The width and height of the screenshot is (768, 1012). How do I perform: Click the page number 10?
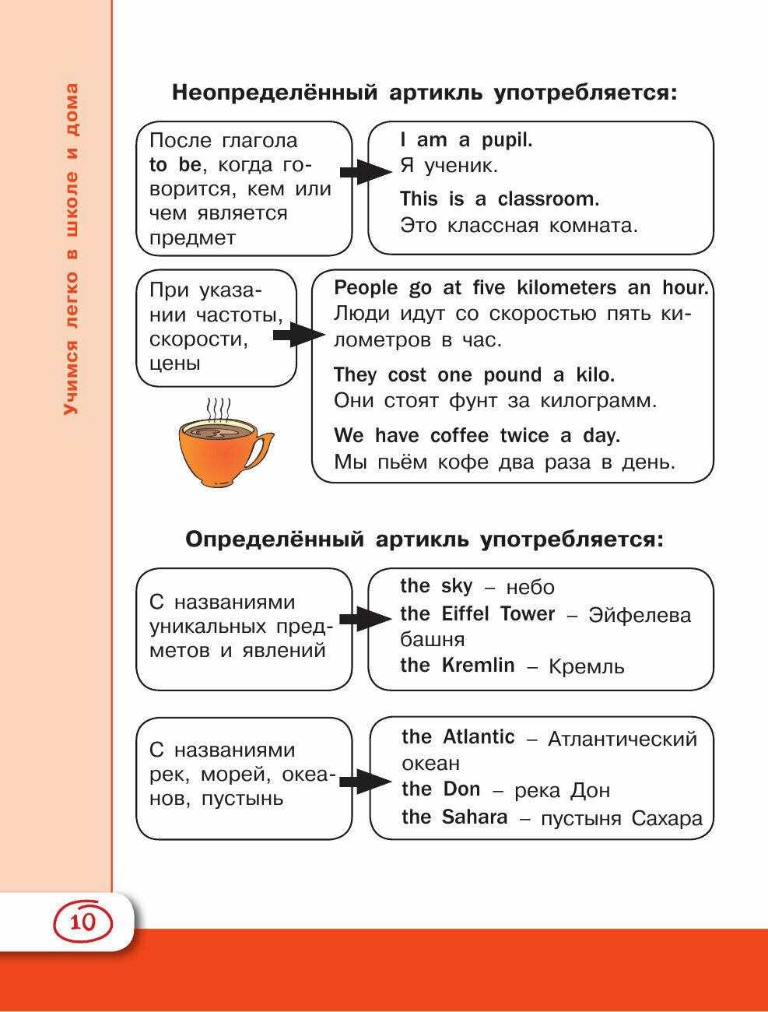(83, 922)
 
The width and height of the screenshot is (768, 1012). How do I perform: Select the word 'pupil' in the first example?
(507, 140)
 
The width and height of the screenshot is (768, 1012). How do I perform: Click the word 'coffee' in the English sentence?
(459, 436)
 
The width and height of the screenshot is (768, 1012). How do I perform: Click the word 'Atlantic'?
(479, 737)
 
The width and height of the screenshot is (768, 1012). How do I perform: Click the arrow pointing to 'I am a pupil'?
(365, 171)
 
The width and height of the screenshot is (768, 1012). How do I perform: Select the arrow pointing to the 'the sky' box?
(365, 620)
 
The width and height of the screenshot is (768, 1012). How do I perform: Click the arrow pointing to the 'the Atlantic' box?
(365, 781)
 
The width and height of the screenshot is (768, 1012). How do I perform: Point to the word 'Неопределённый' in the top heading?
(275, 93)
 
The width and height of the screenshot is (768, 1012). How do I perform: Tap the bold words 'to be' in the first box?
(175, 165)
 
